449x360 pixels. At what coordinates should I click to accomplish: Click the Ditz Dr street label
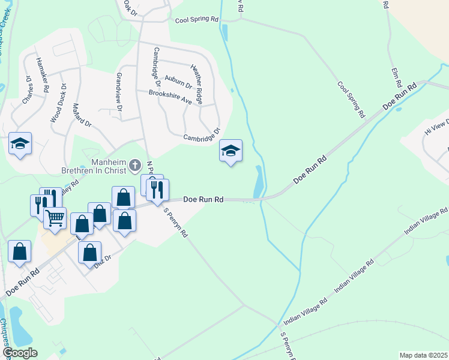click(x=103, y=259)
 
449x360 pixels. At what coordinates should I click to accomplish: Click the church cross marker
click(x=136, y=164)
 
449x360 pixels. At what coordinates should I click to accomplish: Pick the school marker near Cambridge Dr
click(x=231, y=151)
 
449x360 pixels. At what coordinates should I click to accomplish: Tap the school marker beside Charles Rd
click(x=20, y=143)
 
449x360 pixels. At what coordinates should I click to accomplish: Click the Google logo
click(x=20, y=353)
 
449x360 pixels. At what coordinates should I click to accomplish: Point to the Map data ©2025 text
click(x=423, y=355)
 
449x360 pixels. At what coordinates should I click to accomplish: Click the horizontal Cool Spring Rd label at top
click(x=197, y=19)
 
